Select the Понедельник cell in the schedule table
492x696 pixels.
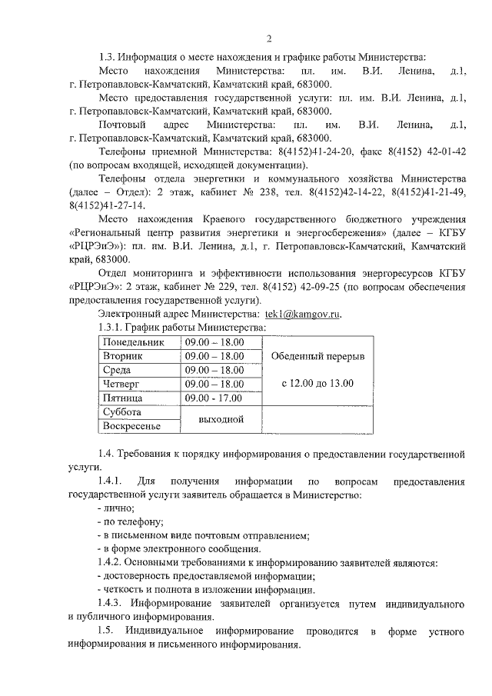coord(133,342)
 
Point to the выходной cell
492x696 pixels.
coord(221,419)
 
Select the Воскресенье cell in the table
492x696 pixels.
coord(131,426)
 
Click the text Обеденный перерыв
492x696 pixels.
coord(317,358)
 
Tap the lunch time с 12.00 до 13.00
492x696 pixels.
coord(317,383)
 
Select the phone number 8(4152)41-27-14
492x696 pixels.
coord(104,206)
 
